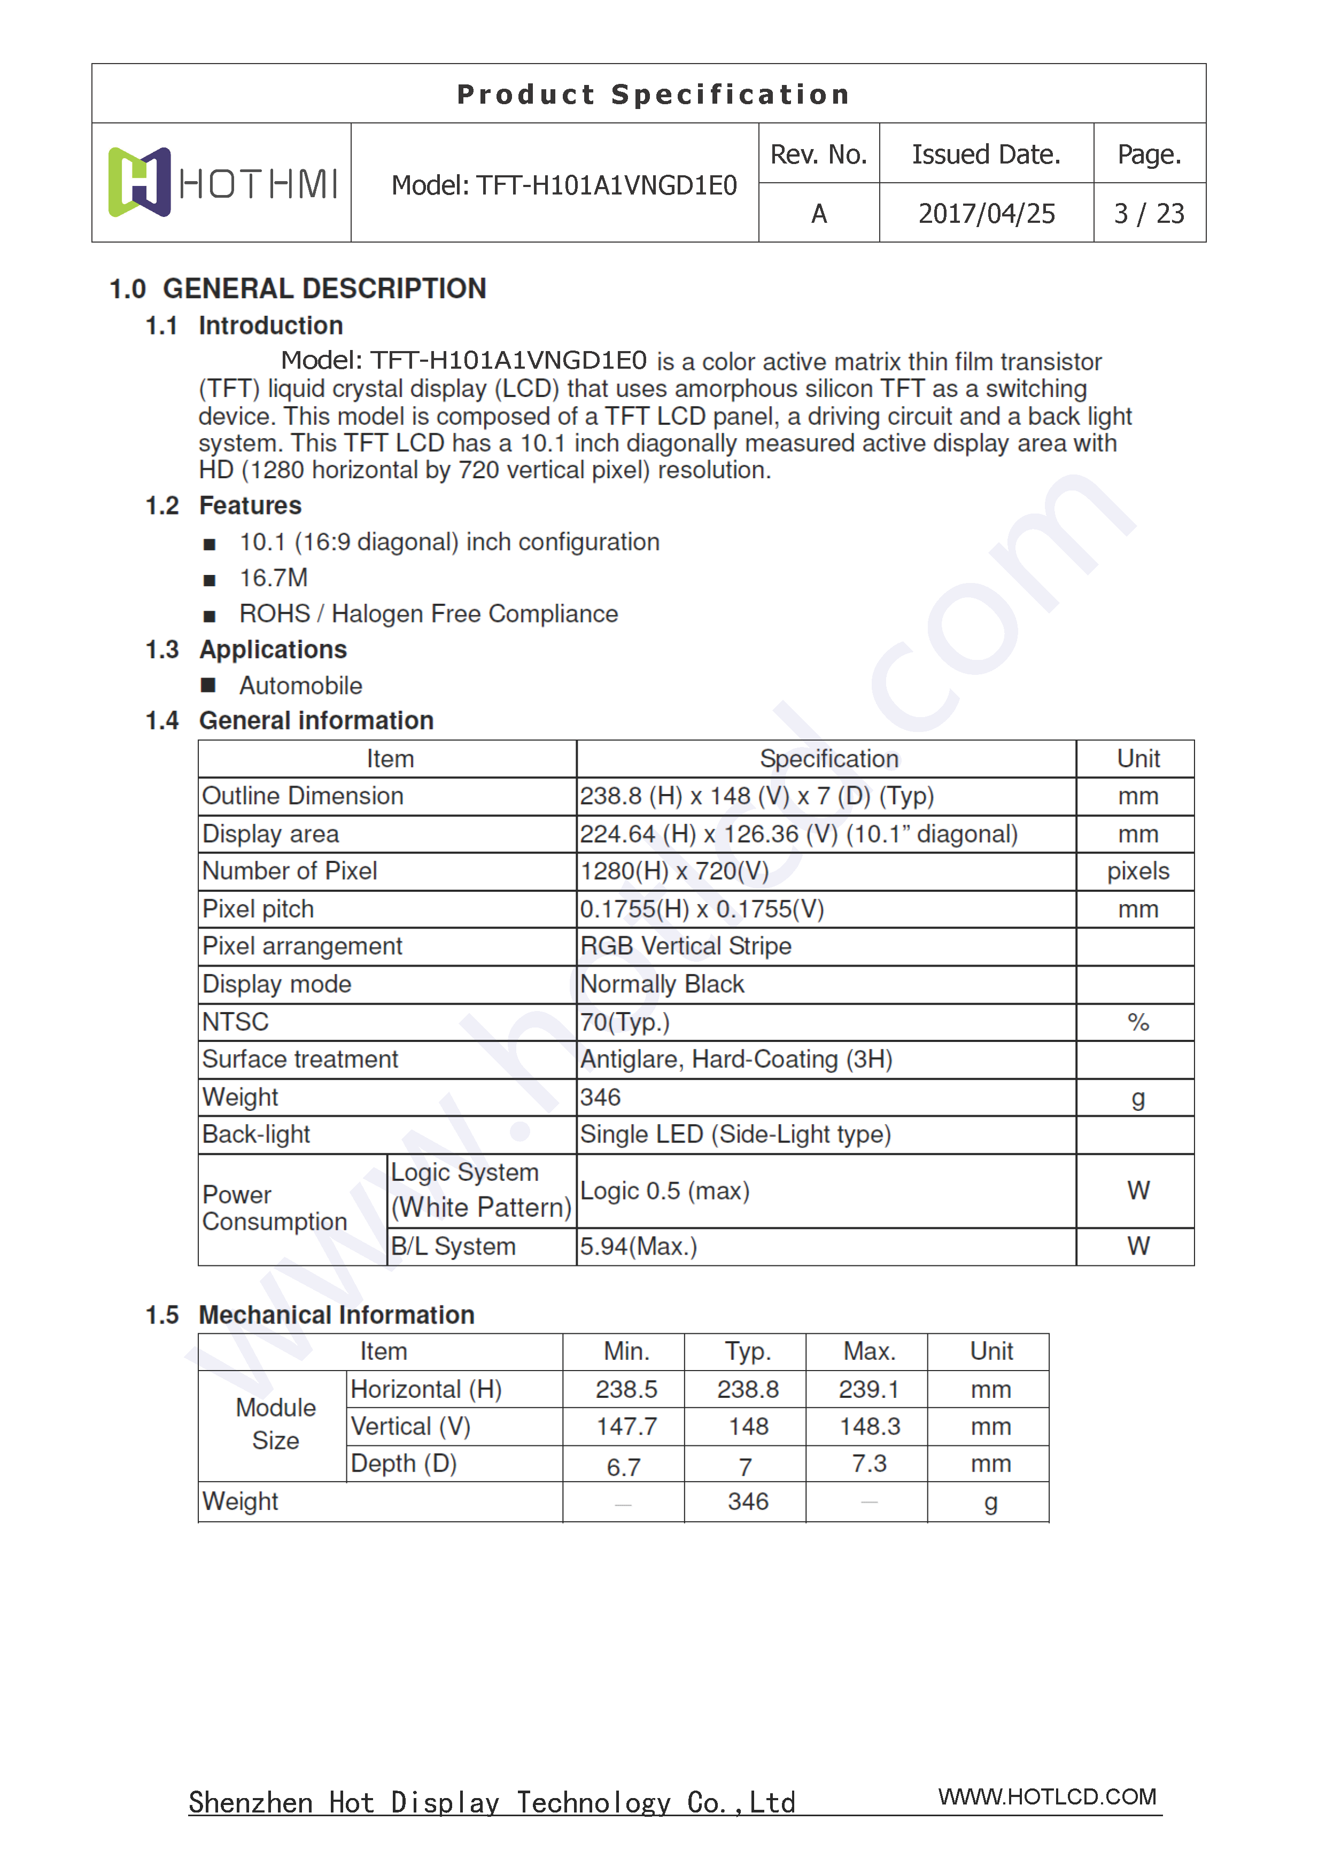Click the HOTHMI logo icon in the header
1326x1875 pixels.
tap(139, 182)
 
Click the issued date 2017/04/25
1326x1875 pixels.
tap(986, 214)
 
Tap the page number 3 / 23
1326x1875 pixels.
tap(1149, 214)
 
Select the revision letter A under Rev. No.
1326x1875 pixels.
tap(819, 214)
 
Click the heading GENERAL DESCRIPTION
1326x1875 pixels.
tap(324, 289)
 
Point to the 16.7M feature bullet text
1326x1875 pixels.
tap(274, 578)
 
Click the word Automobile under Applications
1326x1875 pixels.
tap(301, 686)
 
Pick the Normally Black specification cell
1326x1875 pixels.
tap(662, 985)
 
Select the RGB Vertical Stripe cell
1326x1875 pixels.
tap(686, 946)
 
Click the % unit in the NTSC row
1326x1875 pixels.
tap(1137, 1022)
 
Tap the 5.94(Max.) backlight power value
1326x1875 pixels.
tap(639, 1247)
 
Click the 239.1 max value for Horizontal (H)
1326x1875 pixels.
tap(869, 1390)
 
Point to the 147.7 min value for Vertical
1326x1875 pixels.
tap(626, 1427)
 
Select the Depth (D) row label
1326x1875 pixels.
tap(404, 1464)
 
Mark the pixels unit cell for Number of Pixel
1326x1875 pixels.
tap(1137, 872)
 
